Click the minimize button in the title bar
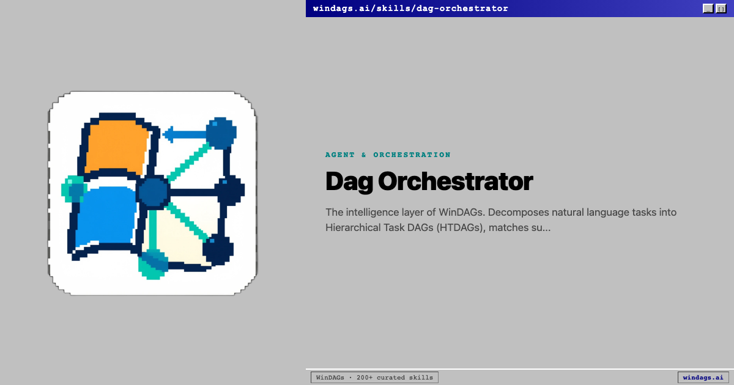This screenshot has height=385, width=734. (708, 9)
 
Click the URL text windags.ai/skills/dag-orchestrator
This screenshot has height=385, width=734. (410, 9)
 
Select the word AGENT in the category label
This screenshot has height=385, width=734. (339, 155)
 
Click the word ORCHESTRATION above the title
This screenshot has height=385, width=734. (412, 155)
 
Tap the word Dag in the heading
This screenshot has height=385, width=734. (348, 182)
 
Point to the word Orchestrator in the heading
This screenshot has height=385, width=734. (456, 182)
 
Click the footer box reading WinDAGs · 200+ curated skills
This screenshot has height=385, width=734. (374, 378)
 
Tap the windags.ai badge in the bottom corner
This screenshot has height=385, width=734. (703, 378)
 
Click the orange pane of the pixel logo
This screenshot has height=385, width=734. (116, 147)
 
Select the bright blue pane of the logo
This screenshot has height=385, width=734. (105, 217)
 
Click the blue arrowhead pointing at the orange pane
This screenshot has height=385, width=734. (169, 134)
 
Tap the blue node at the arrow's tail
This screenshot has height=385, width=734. (221, 133)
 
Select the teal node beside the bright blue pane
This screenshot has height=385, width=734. (74, 189)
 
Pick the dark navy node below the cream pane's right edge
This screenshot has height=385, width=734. (218, 249)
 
